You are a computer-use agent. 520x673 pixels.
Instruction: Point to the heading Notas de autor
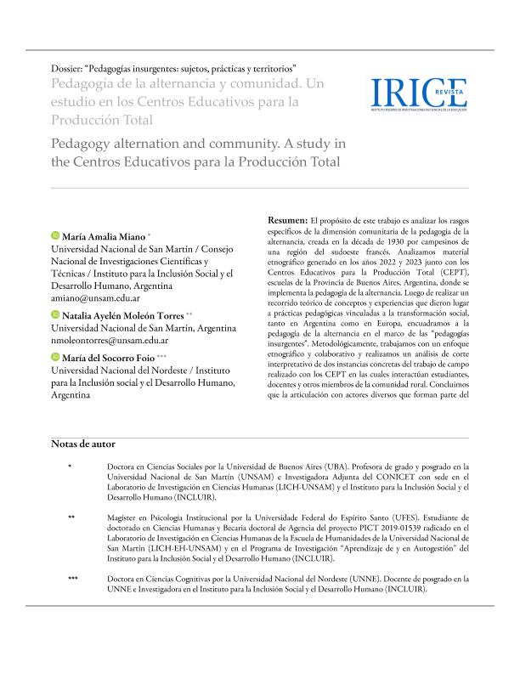click(x=83, y=444)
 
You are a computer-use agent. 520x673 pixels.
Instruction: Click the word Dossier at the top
click(x=70, y=67)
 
